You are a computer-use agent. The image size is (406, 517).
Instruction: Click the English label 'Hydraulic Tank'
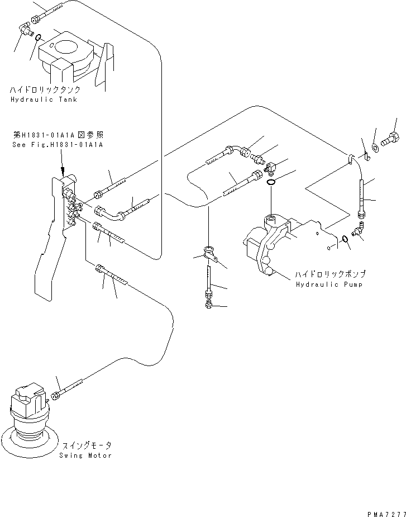[43, 99]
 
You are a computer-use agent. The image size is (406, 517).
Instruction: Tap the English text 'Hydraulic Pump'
[328, 284]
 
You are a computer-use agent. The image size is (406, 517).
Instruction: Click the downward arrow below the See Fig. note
[62, 165]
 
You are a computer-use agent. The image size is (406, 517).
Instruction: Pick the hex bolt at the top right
[390, 137]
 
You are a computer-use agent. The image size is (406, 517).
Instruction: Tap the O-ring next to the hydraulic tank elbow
[37, 38]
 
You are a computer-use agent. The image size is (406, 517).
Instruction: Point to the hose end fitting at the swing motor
[55, 397]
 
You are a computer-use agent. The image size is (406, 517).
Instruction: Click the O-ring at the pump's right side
[346, 240]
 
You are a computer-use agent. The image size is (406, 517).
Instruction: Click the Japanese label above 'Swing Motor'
[86, 445]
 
